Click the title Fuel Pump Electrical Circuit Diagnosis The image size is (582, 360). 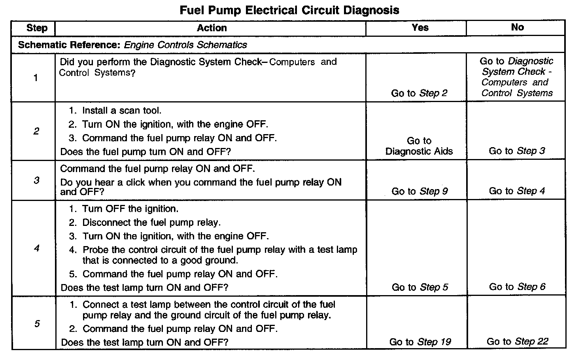coord(289,10)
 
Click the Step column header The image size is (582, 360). coord(37,28)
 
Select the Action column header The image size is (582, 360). coord(212,28)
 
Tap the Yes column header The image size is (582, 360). coord(420,27)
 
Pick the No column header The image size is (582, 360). coord(517,27)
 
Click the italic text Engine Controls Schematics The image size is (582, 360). coord(185,45)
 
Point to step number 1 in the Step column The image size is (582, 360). coord(36,78)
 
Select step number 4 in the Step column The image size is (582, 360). coord(37,249)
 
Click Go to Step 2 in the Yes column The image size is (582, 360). coord(419,93)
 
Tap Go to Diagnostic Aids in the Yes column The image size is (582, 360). coord(419,146)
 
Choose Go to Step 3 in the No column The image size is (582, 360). coord(517,151)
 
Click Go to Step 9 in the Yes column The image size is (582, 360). coord(419,191)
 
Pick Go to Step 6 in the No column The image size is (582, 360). coord(517,287)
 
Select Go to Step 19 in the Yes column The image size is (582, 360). coord(420,342)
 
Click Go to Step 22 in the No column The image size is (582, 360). coord(517,342)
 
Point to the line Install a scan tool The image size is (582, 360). coord(121,111)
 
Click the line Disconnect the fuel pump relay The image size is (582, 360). coord(151,223)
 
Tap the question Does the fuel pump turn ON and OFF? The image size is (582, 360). coord(145,152)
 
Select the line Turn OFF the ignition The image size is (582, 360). coord(130,209)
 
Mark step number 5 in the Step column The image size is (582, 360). coord(37,324)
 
